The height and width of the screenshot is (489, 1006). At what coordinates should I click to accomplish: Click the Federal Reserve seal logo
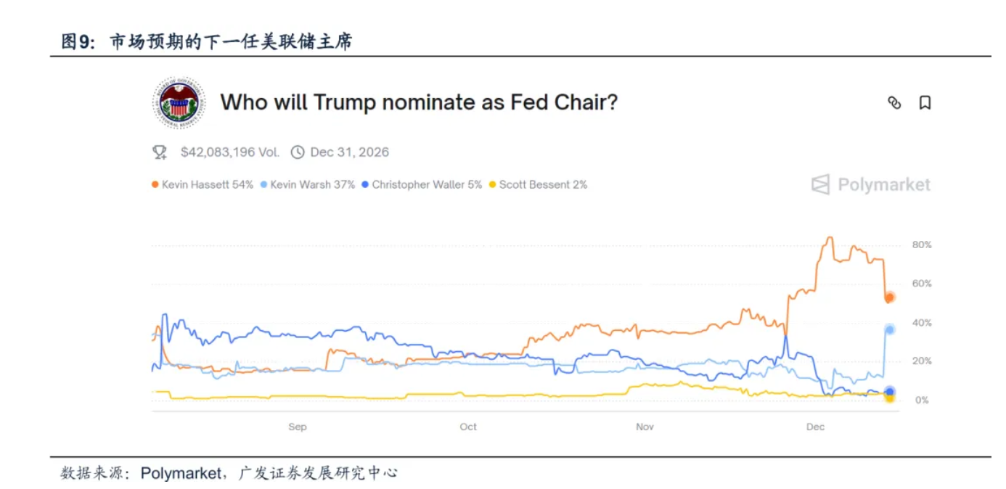point(179,103)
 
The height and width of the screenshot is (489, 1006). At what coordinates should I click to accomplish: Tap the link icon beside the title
point(894,103)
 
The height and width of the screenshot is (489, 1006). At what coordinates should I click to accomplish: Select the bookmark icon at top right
point(925,103)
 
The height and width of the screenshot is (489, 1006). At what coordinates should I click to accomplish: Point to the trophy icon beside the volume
point(160,152)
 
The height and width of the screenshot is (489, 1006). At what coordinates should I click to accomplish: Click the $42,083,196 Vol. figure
point(229,152)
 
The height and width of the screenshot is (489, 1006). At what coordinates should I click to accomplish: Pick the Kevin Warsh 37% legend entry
point(308,185)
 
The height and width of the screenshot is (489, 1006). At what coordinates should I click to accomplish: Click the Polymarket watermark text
point(883,185)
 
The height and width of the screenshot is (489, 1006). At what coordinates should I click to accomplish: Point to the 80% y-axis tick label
point(921,245)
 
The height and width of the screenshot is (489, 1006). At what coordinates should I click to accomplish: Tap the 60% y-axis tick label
point(921,284)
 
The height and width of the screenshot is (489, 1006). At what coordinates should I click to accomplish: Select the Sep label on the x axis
point(298,427)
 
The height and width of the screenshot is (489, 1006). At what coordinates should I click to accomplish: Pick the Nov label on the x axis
point(645,427)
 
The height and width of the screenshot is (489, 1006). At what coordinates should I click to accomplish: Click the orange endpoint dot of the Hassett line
point(889,297)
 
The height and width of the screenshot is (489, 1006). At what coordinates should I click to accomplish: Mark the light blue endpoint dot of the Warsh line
point(889,329)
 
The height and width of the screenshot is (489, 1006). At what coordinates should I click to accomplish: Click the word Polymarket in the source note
point(181,473)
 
